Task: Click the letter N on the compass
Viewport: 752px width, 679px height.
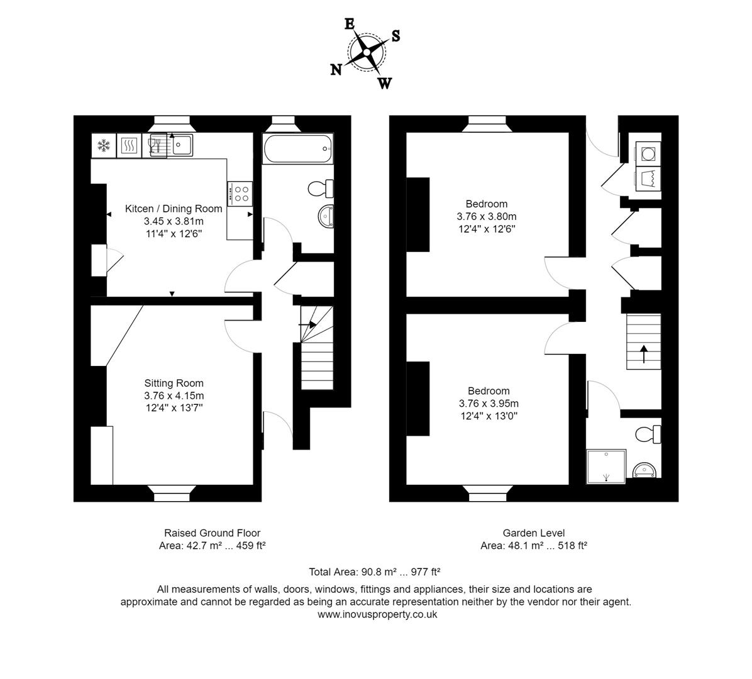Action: (336, 70)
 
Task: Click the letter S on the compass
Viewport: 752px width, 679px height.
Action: (395, 36)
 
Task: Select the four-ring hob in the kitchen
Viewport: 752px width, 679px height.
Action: (240, 192)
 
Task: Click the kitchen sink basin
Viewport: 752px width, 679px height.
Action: (184, 145)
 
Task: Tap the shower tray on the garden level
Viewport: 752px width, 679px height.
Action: (606, 466)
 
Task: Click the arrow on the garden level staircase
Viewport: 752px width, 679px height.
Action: (643, 353)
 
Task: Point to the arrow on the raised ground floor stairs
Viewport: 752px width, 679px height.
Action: (309, 324)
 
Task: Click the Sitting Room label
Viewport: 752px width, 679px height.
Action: (174, 383)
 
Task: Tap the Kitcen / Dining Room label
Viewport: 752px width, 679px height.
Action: (174, 209)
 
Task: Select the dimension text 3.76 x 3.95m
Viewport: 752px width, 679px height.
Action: (489, 404)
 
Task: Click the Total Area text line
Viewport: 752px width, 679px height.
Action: (374, 572)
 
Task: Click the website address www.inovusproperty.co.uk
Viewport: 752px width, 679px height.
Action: (377, 614)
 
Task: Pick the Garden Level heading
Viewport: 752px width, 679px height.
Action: (533, 533)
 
